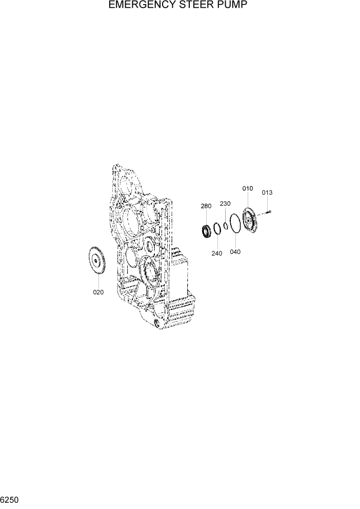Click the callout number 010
(248, 189)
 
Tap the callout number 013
(267, 193)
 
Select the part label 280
(206, 206)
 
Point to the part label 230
(225, 204)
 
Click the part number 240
(217, 253)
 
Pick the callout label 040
(235, 252)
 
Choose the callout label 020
(98, 292)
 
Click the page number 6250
(10, 499)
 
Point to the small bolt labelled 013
(268, 211)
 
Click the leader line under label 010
(248, 200)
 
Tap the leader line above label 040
(235, 241)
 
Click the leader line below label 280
(206, 218)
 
